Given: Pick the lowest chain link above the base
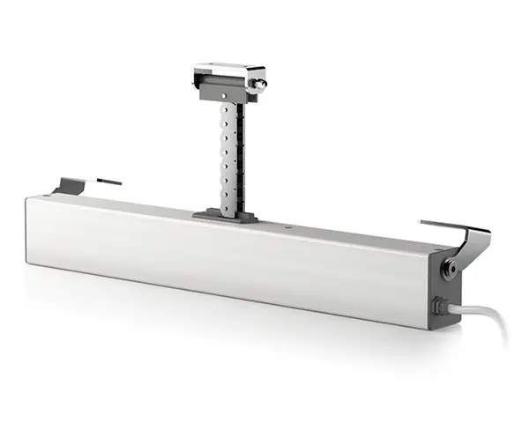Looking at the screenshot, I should [x=227, y=201].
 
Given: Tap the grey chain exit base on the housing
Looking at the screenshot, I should [x=226, y=215].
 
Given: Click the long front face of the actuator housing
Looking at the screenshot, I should [x=220, y=264].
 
